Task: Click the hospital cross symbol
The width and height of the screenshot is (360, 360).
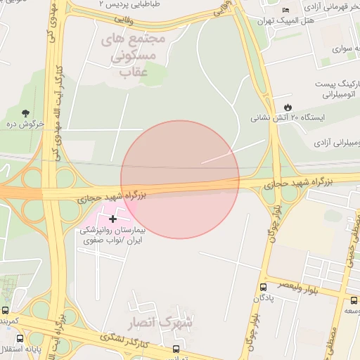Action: [x=112, y=219]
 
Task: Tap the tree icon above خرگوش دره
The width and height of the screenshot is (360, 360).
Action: [x=26, y=112]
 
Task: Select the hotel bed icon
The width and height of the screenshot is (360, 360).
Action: [x=285, y=10]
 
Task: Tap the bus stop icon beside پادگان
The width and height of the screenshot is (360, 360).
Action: [x=263, y=287]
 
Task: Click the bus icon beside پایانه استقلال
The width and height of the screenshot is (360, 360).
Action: [x=20, y=348]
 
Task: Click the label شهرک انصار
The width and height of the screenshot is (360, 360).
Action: [x=160, y=323]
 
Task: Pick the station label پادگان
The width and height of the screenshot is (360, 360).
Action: [x=262, y=298]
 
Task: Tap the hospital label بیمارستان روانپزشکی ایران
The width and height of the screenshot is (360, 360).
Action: [x=112, y=235]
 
